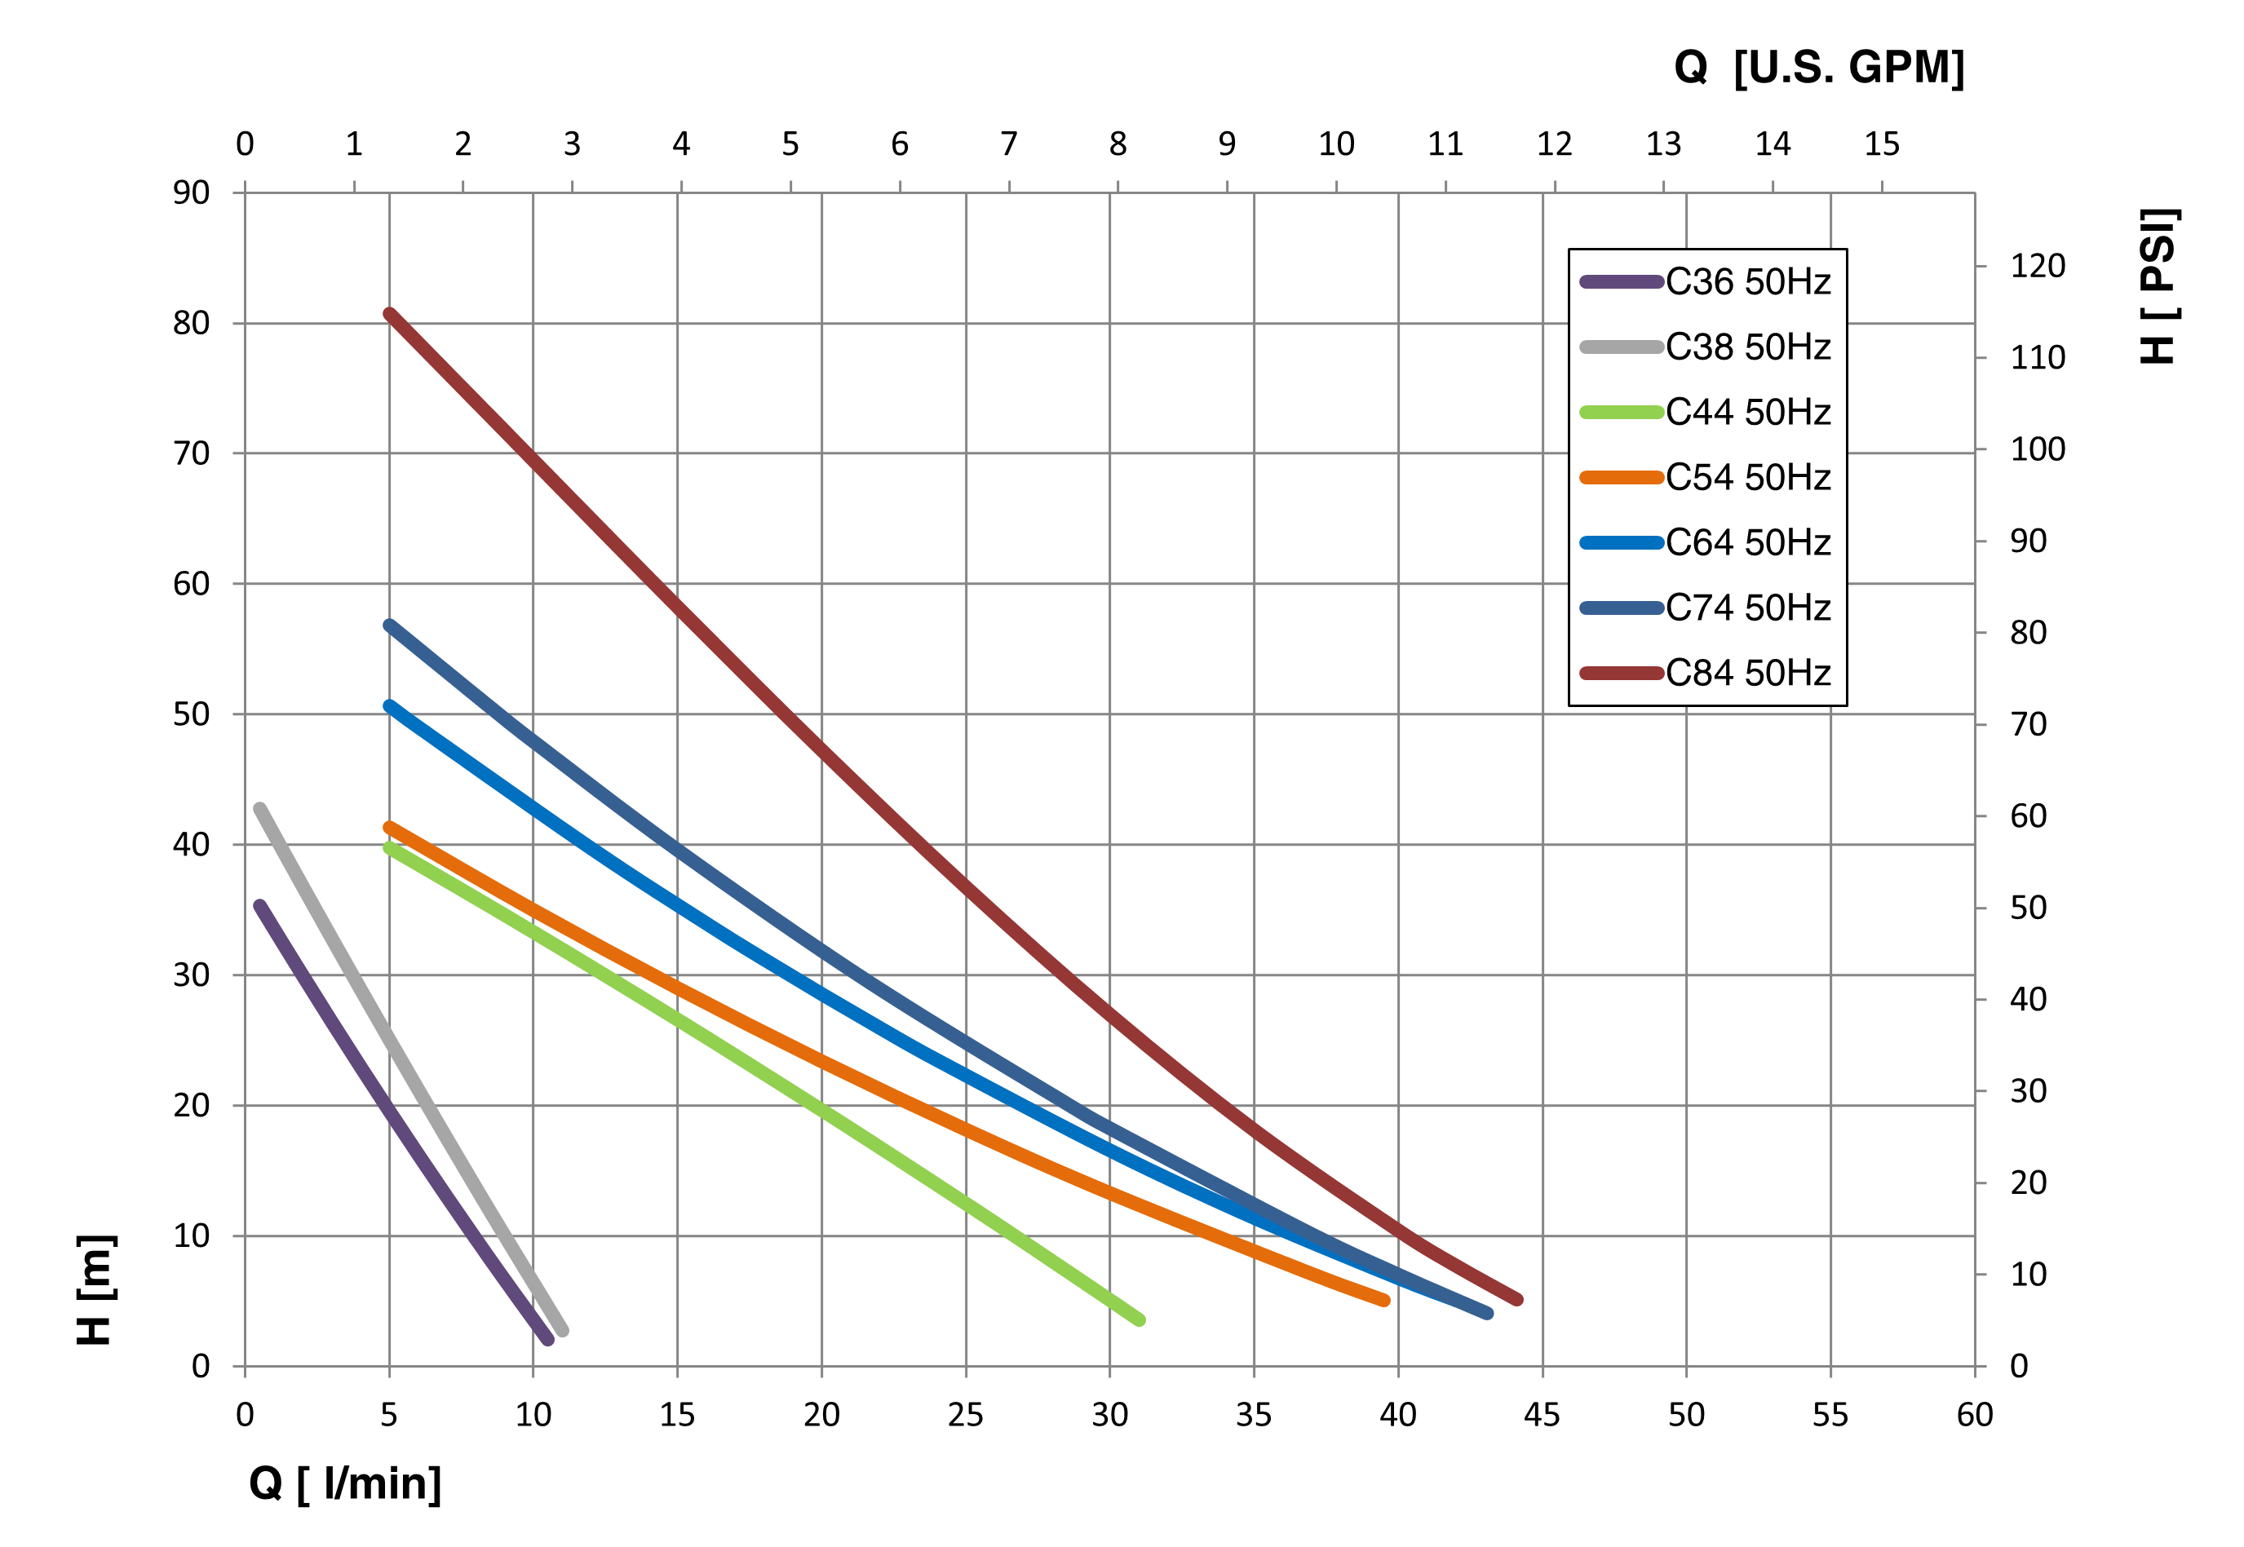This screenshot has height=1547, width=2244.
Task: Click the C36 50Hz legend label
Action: click(1748, 282)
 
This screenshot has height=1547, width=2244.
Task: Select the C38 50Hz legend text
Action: click(1748, 347)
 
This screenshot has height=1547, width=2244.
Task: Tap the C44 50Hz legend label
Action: click(1748, 412)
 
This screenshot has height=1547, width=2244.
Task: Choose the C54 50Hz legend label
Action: click(1748, 477)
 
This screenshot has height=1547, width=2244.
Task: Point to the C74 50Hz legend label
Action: click(1748, 608)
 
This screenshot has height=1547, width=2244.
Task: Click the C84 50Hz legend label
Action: click(1748, 673)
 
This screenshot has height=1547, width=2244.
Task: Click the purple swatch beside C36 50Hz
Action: click(1621, 282)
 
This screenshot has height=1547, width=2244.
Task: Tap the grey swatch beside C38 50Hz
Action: click(1621, 347)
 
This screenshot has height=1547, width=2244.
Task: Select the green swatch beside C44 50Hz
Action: click(1621, 412)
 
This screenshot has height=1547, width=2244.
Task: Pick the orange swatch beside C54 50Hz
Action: click(1621, 477)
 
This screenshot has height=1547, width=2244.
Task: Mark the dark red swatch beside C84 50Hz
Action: click(1621, 673)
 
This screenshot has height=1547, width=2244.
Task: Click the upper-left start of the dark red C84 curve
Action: click(389, 313)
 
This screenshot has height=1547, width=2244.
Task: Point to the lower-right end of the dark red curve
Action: click(1517, 1300)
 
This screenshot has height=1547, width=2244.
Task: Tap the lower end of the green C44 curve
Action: click(1140, 1320)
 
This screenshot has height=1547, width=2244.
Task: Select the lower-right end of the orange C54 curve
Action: click(1384, 1301)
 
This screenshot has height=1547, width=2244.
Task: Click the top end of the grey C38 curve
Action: click(259, 808)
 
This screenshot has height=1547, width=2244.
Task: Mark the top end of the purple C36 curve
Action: click(259, 905)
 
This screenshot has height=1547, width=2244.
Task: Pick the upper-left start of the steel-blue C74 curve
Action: click(389, 625)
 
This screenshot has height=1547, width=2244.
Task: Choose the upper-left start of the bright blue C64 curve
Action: click(389, 705)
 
